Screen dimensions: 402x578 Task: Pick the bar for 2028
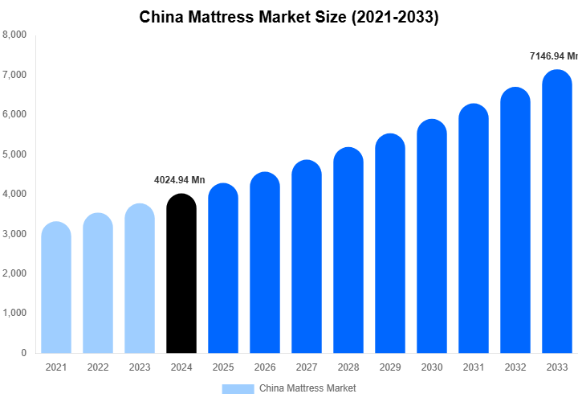tap(348, 250)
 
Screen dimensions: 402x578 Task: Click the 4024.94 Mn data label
tap(180, 179)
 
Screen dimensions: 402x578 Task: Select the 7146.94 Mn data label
tap(553, 56)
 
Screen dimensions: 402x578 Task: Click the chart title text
tap(289, 17)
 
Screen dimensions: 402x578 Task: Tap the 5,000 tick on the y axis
tap(14, 154)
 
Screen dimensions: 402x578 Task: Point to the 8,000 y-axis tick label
tap(14, 35)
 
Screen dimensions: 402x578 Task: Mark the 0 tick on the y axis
tap(23, 353)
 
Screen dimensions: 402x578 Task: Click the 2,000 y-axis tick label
tap(14, 273)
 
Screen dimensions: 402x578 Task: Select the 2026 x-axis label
tap(265, 367)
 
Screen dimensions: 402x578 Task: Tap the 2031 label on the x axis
tap(474, 367)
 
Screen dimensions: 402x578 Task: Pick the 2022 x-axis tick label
tap(98, 367)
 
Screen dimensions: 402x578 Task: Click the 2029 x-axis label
tap(390, 367)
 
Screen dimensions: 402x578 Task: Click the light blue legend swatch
tap(238, 388)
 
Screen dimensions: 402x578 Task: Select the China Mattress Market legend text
tap(307, 388)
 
